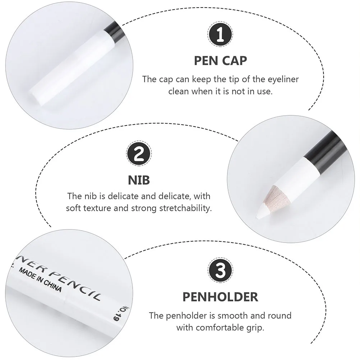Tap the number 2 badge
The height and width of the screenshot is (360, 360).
tap(139, 156)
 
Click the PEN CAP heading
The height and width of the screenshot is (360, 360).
tap(221, 60)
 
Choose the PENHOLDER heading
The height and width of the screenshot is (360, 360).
tap(220, 297)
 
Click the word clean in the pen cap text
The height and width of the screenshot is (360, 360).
tap(179, 91)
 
